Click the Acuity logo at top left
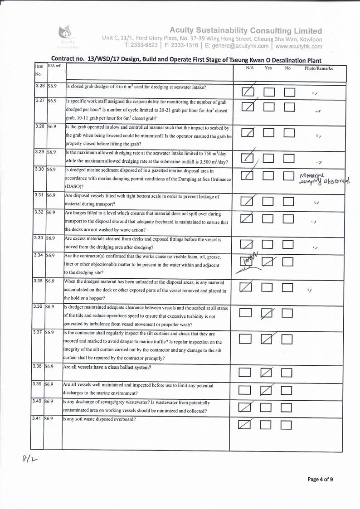pyautogui.click(x=67, y=34)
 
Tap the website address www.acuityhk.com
pyautogui.click(x=298, y=46)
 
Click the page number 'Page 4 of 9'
pyautogui.click(x=321, y=479)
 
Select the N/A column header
pyautogui.click(x=249, y=68)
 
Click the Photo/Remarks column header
pyautogui.click(x=319, y=68)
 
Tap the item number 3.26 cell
pyautogui.click(x=39, y=86)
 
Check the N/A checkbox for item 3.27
pyautogui.click(x=248, y=107)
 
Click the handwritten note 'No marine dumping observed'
pyautogui.click(x=325, y=179)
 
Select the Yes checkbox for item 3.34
pyautogui.click(x=268, y=262)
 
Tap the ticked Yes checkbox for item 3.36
pyautogui.click(x=268, y=313)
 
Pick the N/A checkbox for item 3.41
pyautogui.click(x=245, y=425)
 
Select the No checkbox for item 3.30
pyautogui.click(x=289, y=176)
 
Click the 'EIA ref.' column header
pyautogui.click(x=54, y=66)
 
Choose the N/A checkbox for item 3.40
pyautogui.click(x=245, y=407)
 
